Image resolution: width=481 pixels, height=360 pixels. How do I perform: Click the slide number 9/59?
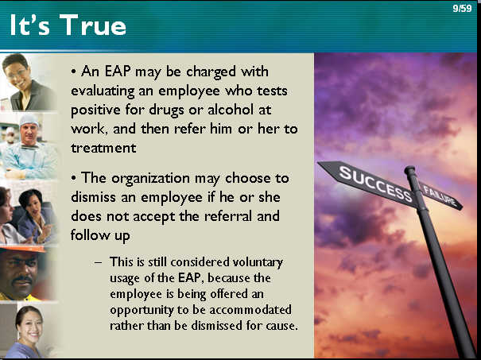462,8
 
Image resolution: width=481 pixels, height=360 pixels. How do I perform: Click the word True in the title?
93,25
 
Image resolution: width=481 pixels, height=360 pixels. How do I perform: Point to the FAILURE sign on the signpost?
440,196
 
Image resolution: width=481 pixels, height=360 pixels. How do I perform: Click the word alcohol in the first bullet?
231,110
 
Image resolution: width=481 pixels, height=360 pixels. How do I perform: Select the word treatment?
103,148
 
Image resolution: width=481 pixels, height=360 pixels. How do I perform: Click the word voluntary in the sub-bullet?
258,263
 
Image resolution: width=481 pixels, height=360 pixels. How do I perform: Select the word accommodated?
250,310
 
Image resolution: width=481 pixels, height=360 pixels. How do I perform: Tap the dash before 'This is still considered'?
98,262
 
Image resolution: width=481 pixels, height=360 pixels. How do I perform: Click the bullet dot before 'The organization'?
73,178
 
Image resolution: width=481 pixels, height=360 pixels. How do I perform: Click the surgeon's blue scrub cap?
29,121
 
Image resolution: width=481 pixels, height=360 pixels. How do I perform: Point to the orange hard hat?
24,249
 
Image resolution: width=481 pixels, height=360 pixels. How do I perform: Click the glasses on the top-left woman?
15,72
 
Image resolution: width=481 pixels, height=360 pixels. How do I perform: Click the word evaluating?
103,91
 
